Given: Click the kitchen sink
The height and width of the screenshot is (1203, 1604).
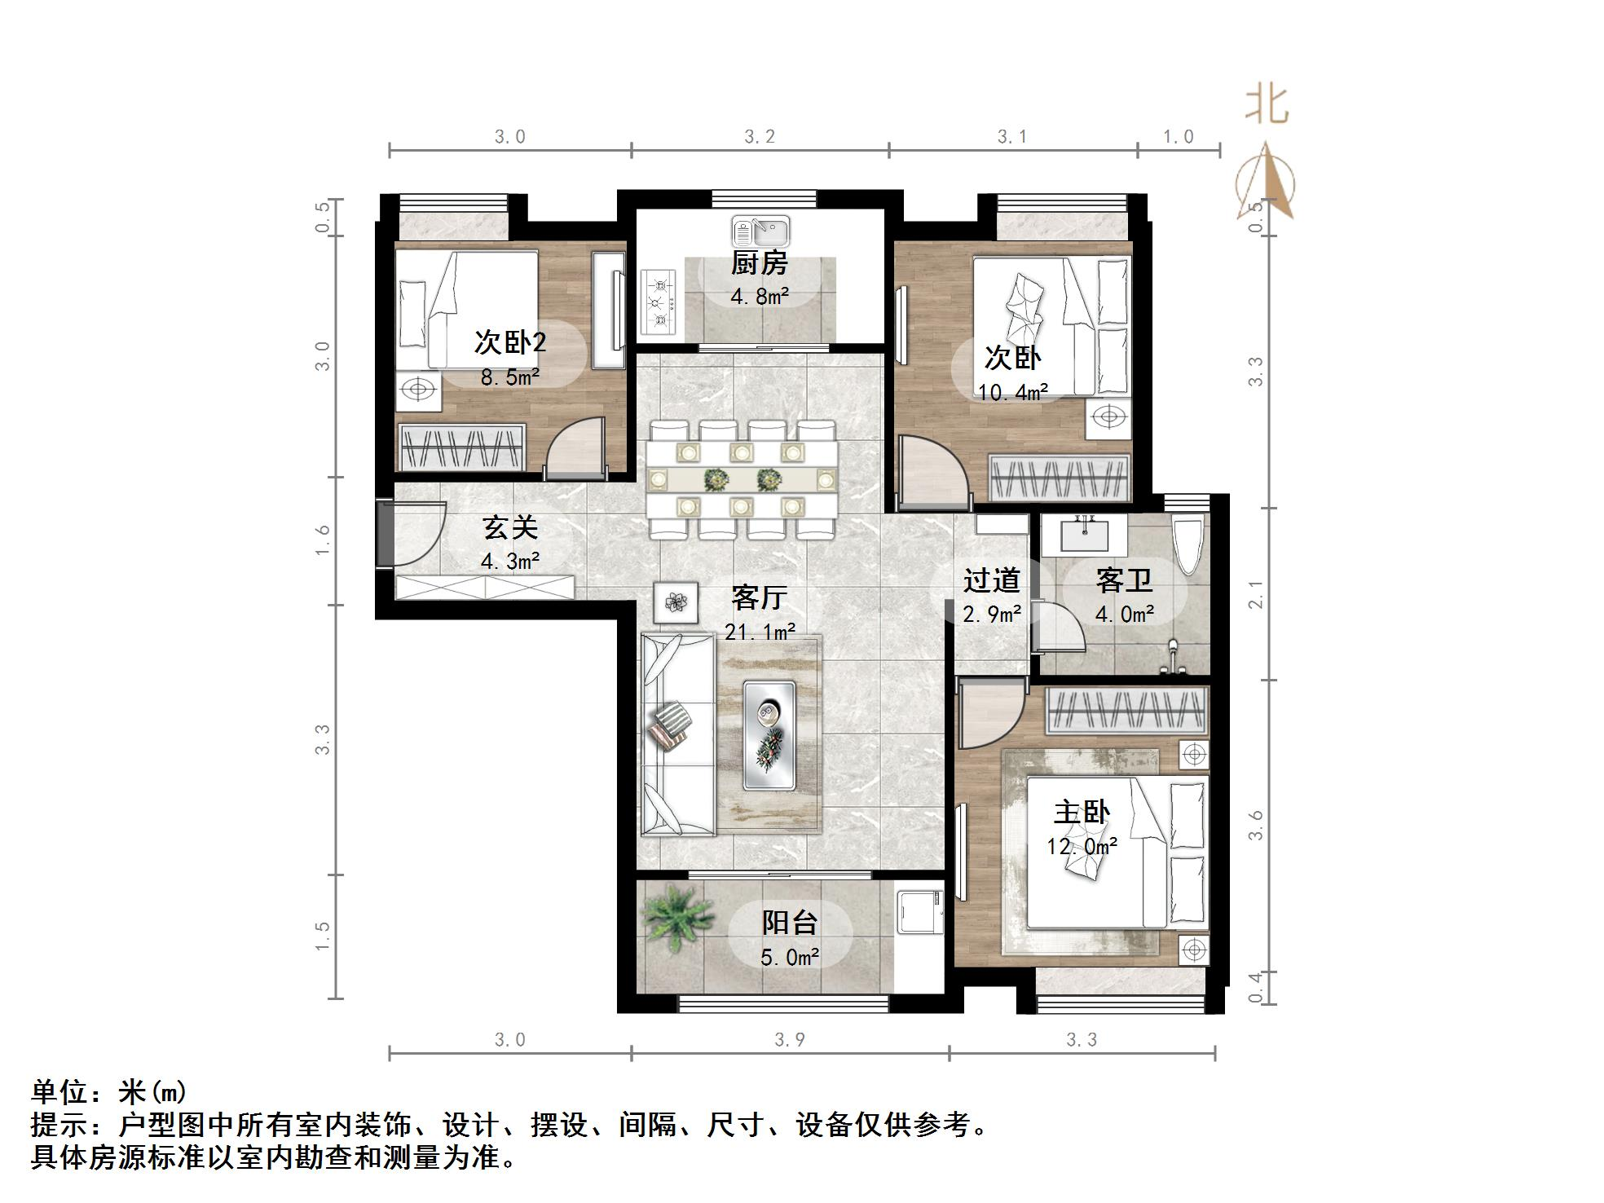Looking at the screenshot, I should tap(760, 231).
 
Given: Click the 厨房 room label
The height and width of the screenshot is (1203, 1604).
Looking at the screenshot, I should tap(759, 263).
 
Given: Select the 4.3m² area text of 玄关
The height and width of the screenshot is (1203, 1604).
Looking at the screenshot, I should tap(510, 561).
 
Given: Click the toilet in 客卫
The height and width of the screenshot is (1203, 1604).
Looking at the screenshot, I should tap(1187, 544).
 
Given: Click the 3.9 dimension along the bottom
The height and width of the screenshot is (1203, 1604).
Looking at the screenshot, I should tap(789, 1039).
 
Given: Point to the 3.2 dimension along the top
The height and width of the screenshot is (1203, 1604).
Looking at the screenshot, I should tap(760, 137).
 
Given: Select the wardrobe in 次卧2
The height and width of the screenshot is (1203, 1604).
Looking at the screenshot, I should tap(460, 447).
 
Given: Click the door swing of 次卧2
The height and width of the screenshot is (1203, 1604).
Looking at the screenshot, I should tap(575, 448).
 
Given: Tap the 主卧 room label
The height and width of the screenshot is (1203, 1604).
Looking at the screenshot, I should tap(1082, 813).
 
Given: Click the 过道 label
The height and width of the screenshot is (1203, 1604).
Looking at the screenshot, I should tap(992, 580).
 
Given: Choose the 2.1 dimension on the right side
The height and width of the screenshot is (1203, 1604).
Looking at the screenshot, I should tap(1256, 594).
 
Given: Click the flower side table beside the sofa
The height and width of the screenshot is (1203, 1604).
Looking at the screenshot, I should tap(676, 602).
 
